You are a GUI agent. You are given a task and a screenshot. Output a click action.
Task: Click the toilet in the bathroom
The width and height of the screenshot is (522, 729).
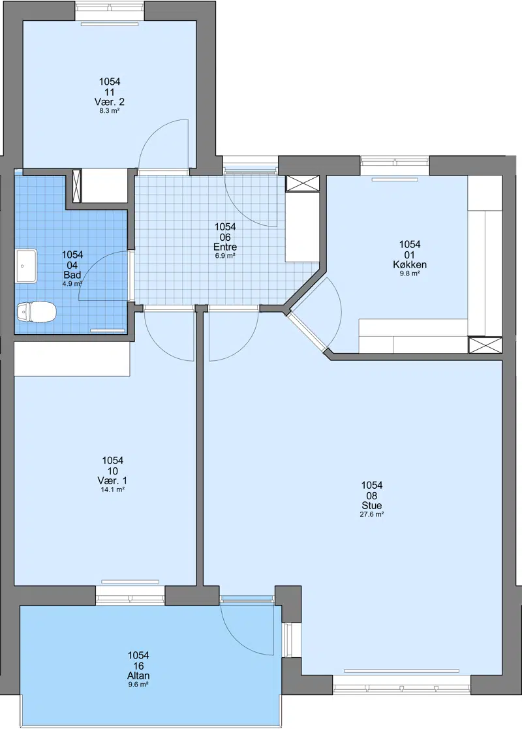click(37, 311)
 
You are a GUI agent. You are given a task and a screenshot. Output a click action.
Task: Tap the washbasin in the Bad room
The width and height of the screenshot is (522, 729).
click(27, 266)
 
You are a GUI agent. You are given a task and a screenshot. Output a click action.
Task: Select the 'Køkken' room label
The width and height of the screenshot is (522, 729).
click(410, 265)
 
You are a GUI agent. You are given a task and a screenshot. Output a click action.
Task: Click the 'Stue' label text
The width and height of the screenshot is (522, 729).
click(372, 506)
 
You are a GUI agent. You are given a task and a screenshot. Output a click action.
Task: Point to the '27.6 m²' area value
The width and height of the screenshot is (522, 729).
click(372, 515)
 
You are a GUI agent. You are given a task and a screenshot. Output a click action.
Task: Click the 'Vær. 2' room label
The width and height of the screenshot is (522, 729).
click(110, 102)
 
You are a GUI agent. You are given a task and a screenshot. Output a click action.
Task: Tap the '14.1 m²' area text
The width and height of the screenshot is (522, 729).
click(112, 489)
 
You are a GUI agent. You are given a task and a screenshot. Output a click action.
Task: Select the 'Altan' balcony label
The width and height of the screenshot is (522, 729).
click(138, 676)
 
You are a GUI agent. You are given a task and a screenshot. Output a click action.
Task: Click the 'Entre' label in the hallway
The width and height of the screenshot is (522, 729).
click(225, 247)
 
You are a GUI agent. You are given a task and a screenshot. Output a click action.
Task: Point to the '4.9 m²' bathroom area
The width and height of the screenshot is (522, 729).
click(72, 284)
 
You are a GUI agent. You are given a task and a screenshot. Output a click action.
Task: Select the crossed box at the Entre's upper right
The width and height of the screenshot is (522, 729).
click(303, 183)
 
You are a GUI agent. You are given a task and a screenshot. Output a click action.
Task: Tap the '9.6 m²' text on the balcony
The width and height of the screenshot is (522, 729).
click(138, 685)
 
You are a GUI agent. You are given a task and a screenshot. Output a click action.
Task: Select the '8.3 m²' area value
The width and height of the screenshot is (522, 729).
click(110, 111)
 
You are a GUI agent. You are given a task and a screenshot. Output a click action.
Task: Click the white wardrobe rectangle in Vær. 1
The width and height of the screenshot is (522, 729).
click(72, 359)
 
